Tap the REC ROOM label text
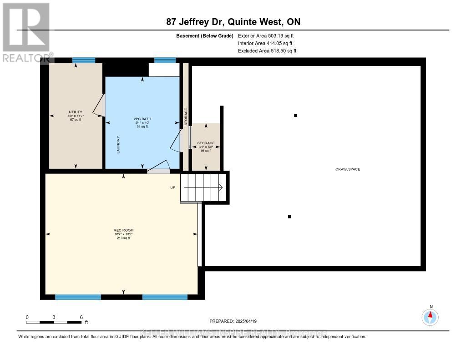tap(123, 230)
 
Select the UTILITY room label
tap(75, 112)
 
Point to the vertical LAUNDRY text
tap(118, 145)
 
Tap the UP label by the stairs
tap(173, 188)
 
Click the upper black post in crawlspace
tap(295, 116)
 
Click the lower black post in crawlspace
tap(289, 217)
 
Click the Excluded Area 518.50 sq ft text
tap(267, 51)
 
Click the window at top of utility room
tap(84, 60)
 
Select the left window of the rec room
tap(78, 297)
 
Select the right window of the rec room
tap(165, 297)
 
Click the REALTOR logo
tap(26, 32)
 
